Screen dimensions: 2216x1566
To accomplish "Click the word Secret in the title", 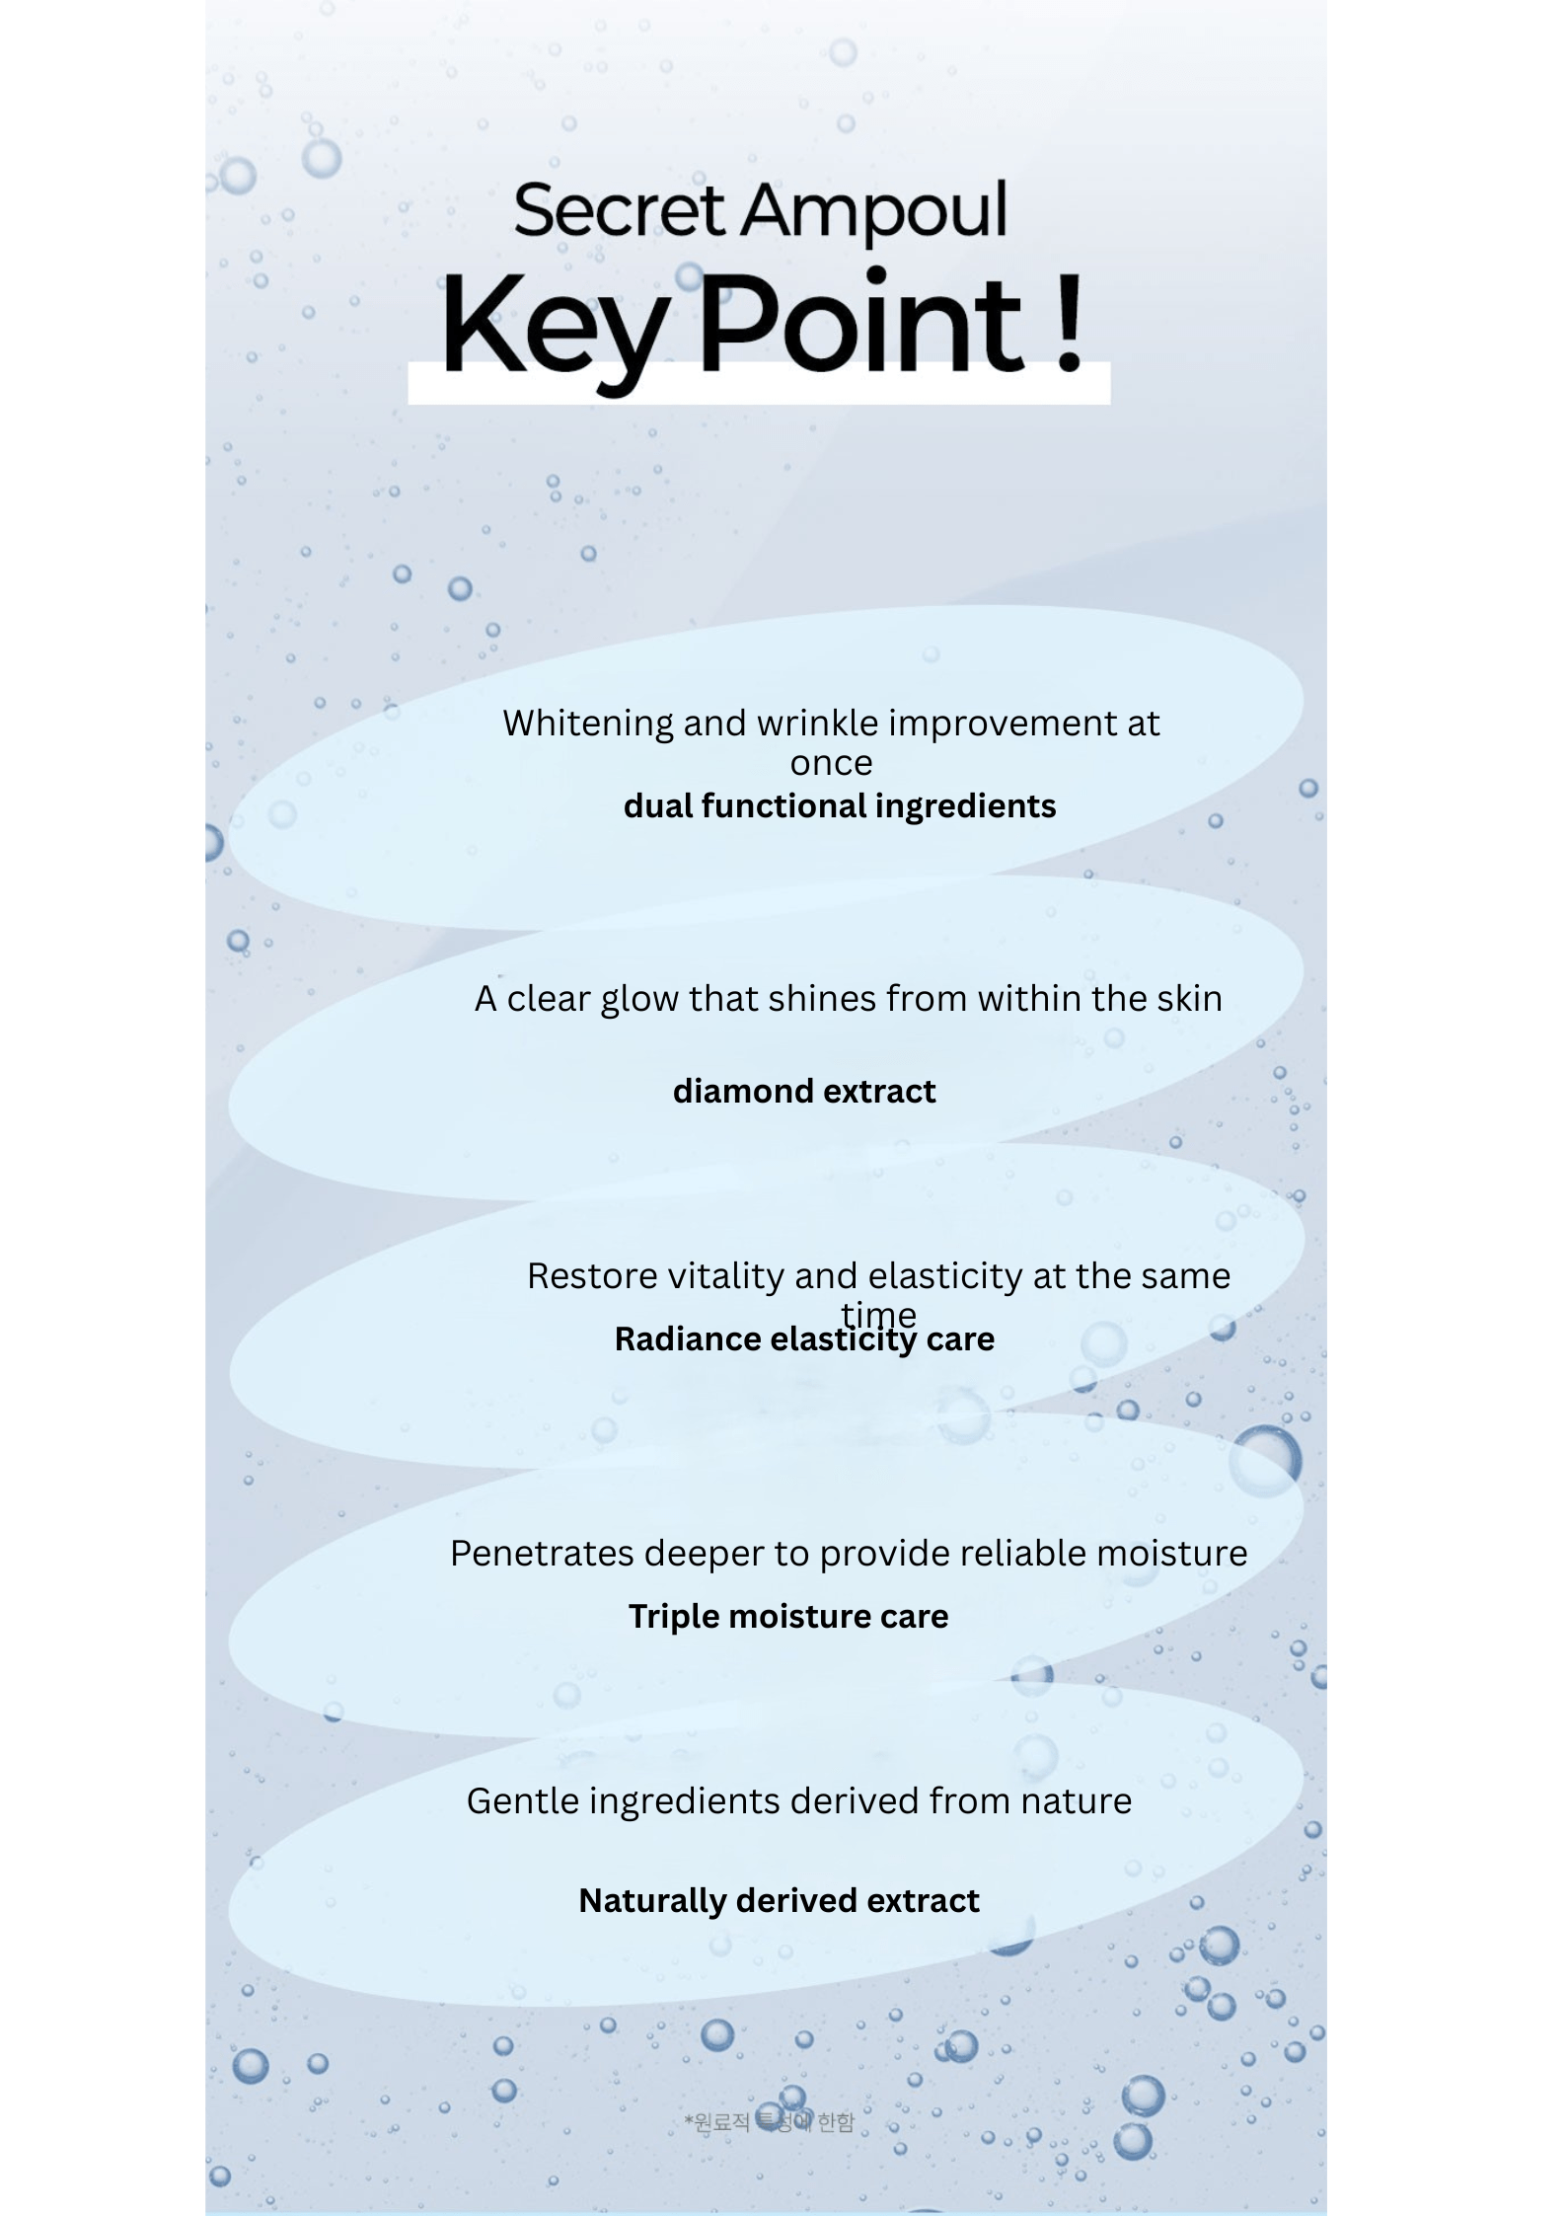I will pyautogui.click(x=620, y=210).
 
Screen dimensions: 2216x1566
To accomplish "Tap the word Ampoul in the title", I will pyautogui.click(x=874, y=212).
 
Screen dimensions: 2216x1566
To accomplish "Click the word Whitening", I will pyautogui.click(x=588, y=724).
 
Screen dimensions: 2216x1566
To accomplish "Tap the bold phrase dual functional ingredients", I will pyautogui.click(x=840, y=806).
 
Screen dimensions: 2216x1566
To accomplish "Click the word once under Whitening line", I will pyautogui.click(x=831, y=763).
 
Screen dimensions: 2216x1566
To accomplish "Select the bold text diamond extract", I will pyautogui.click(x=804, y=1092).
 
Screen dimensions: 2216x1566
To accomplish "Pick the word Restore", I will pyautogui.click(x=592, y=1276).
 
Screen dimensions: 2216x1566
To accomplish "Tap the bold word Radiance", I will pyautogui.click(x=687, y=1339).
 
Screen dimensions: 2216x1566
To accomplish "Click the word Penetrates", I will pyautogui.click(x=542, y=1554).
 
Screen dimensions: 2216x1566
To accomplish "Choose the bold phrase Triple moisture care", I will pyautogui.click(x=788, y=1617).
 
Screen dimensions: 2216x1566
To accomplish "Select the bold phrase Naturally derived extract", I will pyautogui.click(x=779, y=1901).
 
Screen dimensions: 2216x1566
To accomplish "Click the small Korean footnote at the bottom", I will pyautogui.click(x=770, y=2122).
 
